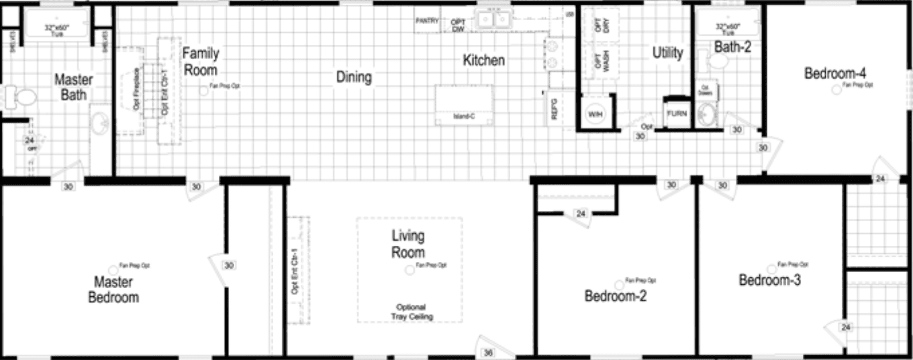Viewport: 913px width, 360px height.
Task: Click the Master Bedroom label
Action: pyautogui.click(x=113, y=289)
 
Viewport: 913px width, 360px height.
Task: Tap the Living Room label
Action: pyautogui.click(x=408, y=244)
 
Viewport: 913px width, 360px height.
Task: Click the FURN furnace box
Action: pyautogui.click(x=677, y=114)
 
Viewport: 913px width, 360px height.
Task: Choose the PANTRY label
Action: pyautogui.click(x=427, y=21)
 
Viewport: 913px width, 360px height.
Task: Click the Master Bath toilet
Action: pyautogui.click(x=23, y=97)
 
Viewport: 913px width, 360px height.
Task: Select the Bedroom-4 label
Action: pyautogui.click(x=832, y=73)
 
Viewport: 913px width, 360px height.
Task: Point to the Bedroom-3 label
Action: pyautogui.click(x=769, y=280)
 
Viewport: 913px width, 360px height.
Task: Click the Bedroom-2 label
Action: pyautogui.click(x=615, y=296)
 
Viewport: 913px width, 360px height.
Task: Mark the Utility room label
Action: pyautogui.click(x=667, y=52)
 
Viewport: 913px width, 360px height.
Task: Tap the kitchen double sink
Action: pyautogui.click(x=493, y=20)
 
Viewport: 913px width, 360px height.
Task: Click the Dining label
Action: pyautogui.click(x=354, y=77)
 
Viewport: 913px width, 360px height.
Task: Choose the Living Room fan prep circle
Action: pyautogui.click(x=410, y=270)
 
